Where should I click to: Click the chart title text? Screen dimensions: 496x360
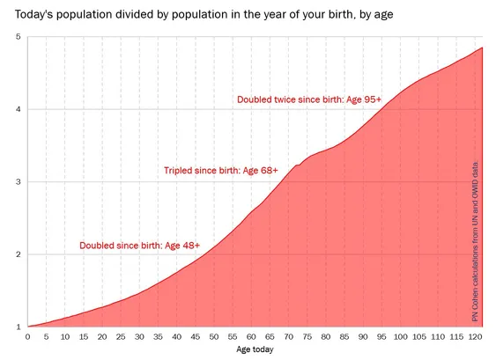point(204,15)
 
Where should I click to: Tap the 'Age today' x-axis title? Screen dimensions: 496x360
point(255,349)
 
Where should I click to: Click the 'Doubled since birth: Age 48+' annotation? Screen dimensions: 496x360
point(139,246)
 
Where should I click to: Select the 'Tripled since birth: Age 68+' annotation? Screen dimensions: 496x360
point(221,171)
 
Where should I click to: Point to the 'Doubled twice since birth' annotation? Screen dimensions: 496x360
point(309,99)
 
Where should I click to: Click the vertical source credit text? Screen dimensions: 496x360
point(475,242)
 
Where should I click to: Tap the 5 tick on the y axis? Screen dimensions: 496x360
point(18,37)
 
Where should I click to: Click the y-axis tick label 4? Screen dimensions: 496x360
point(18,109)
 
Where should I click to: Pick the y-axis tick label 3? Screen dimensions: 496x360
point(18,181)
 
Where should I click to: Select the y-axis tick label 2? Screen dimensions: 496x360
point(18,254)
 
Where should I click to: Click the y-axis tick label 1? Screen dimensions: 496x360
point(18,327)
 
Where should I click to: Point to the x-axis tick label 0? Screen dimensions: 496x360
point(28,337)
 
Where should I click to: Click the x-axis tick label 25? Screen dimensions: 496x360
point(121,337)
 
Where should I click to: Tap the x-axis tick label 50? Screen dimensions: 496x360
point(214,337)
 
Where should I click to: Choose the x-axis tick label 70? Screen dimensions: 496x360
point(288,337)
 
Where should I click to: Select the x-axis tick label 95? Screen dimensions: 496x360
point(381,337)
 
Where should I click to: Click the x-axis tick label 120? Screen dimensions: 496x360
point(475,337)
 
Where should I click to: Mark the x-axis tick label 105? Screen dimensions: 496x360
point(419,337)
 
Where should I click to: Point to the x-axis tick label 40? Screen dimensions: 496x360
point(177,337)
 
